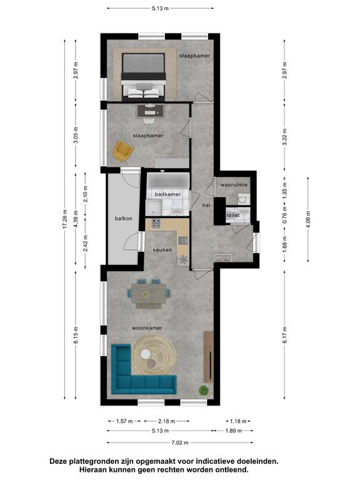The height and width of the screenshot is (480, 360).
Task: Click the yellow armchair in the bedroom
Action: pos(123,151)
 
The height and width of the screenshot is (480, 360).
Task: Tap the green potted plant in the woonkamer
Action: pos(204,390)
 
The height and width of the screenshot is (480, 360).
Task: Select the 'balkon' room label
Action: pos(124,218)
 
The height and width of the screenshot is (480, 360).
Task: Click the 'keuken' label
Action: pos(162,250)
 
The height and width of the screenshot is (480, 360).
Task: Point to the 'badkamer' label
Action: pos(167,194)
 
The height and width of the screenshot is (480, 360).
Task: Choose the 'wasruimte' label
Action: pos(234,185)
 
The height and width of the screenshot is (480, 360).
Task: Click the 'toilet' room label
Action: pos(233,215)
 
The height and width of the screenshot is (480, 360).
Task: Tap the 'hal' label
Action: pos(206,206)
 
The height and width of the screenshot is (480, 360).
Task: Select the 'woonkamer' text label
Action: pos(147,328)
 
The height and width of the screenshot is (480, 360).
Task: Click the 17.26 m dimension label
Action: pos(64,219)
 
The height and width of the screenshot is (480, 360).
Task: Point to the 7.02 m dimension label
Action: pos(180,442)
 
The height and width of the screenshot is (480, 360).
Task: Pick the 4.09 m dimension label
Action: pos(308,219)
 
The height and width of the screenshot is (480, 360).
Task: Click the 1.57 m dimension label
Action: pos(124,421)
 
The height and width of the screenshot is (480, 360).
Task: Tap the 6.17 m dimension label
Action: pos(285,335)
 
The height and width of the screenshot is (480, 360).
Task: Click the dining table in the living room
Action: pos(149,294)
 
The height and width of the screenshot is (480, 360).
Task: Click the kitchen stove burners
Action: pos(156,224)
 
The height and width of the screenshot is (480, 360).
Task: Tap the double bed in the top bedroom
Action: pos(144,76)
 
